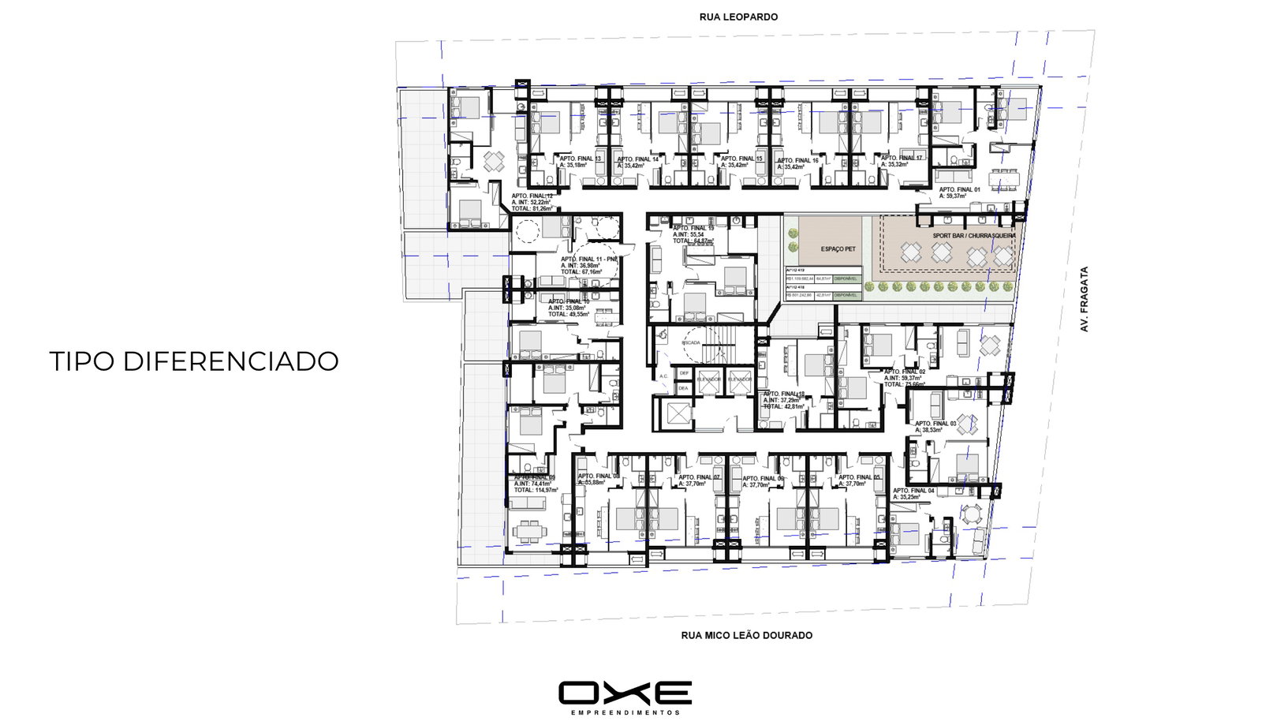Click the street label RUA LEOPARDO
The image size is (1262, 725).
(x=738, y=17)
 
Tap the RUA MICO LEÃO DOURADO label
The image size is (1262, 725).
(x=746, y=635)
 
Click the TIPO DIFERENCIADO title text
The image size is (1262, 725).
(x=194, y=361)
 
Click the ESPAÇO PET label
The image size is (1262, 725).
(x=838, y=249)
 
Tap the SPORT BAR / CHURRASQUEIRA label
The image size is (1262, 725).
(x=973, y=236)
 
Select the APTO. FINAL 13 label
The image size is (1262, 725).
(x=580, y=159)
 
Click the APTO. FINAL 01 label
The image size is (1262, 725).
(x=959, y=189)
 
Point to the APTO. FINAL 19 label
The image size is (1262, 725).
(x=693, y=229)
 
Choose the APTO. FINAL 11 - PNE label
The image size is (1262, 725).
(x=589, y=259)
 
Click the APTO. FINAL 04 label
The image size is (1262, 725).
(x=913, y=491)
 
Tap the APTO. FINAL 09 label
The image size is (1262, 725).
(x=535, y=477)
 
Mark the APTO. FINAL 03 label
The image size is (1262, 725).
(x=935, y=424)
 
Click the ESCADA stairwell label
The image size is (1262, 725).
(x=691, y=343)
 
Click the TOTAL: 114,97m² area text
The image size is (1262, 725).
(x=536, y=490)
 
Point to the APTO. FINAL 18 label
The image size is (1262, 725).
(x=783, y=394)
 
